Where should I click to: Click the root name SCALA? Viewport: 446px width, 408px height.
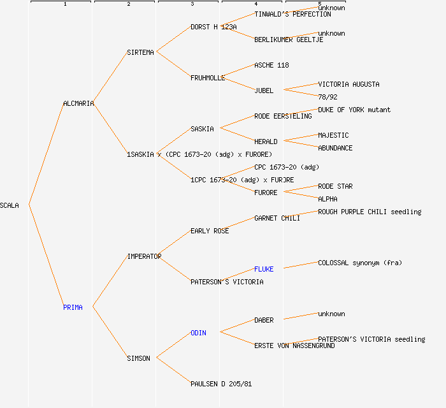click(10, 205)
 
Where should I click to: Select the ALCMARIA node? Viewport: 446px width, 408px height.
click(78, 103)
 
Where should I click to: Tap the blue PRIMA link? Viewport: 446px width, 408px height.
click(73, 307)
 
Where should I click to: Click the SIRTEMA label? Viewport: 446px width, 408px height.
click(140, 52)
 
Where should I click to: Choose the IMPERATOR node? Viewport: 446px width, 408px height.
click(144, 256)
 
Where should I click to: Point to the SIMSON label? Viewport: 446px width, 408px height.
click(138, 358)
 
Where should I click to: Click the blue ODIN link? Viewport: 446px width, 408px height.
click(198, 333)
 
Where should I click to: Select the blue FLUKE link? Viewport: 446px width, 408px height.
click(264, 269)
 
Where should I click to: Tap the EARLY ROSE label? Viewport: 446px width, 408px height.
click(210, 231)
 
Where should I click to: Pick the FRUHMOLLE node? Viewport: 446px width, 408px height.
click(208, 78)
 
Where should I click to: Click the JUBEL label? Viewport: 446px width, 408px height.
click(264, 91)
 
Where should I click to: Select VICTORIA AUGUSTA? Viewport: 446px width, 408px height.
click(349, 84)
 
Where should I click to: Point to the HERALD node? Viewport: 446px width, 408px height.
click(266, 142)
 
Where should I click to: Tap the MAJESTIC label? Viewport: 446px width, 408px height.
click(333, 135)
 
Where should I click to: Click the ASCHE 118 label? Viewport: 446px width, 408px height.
click(271, 65)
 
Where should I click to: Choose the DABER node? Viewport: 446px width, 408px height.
click(264, 320)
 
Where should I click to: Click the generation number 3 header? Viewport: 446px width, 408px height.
click(192, 4)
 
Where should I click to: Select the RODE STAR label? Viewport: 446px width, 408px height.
click(335, 186)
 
